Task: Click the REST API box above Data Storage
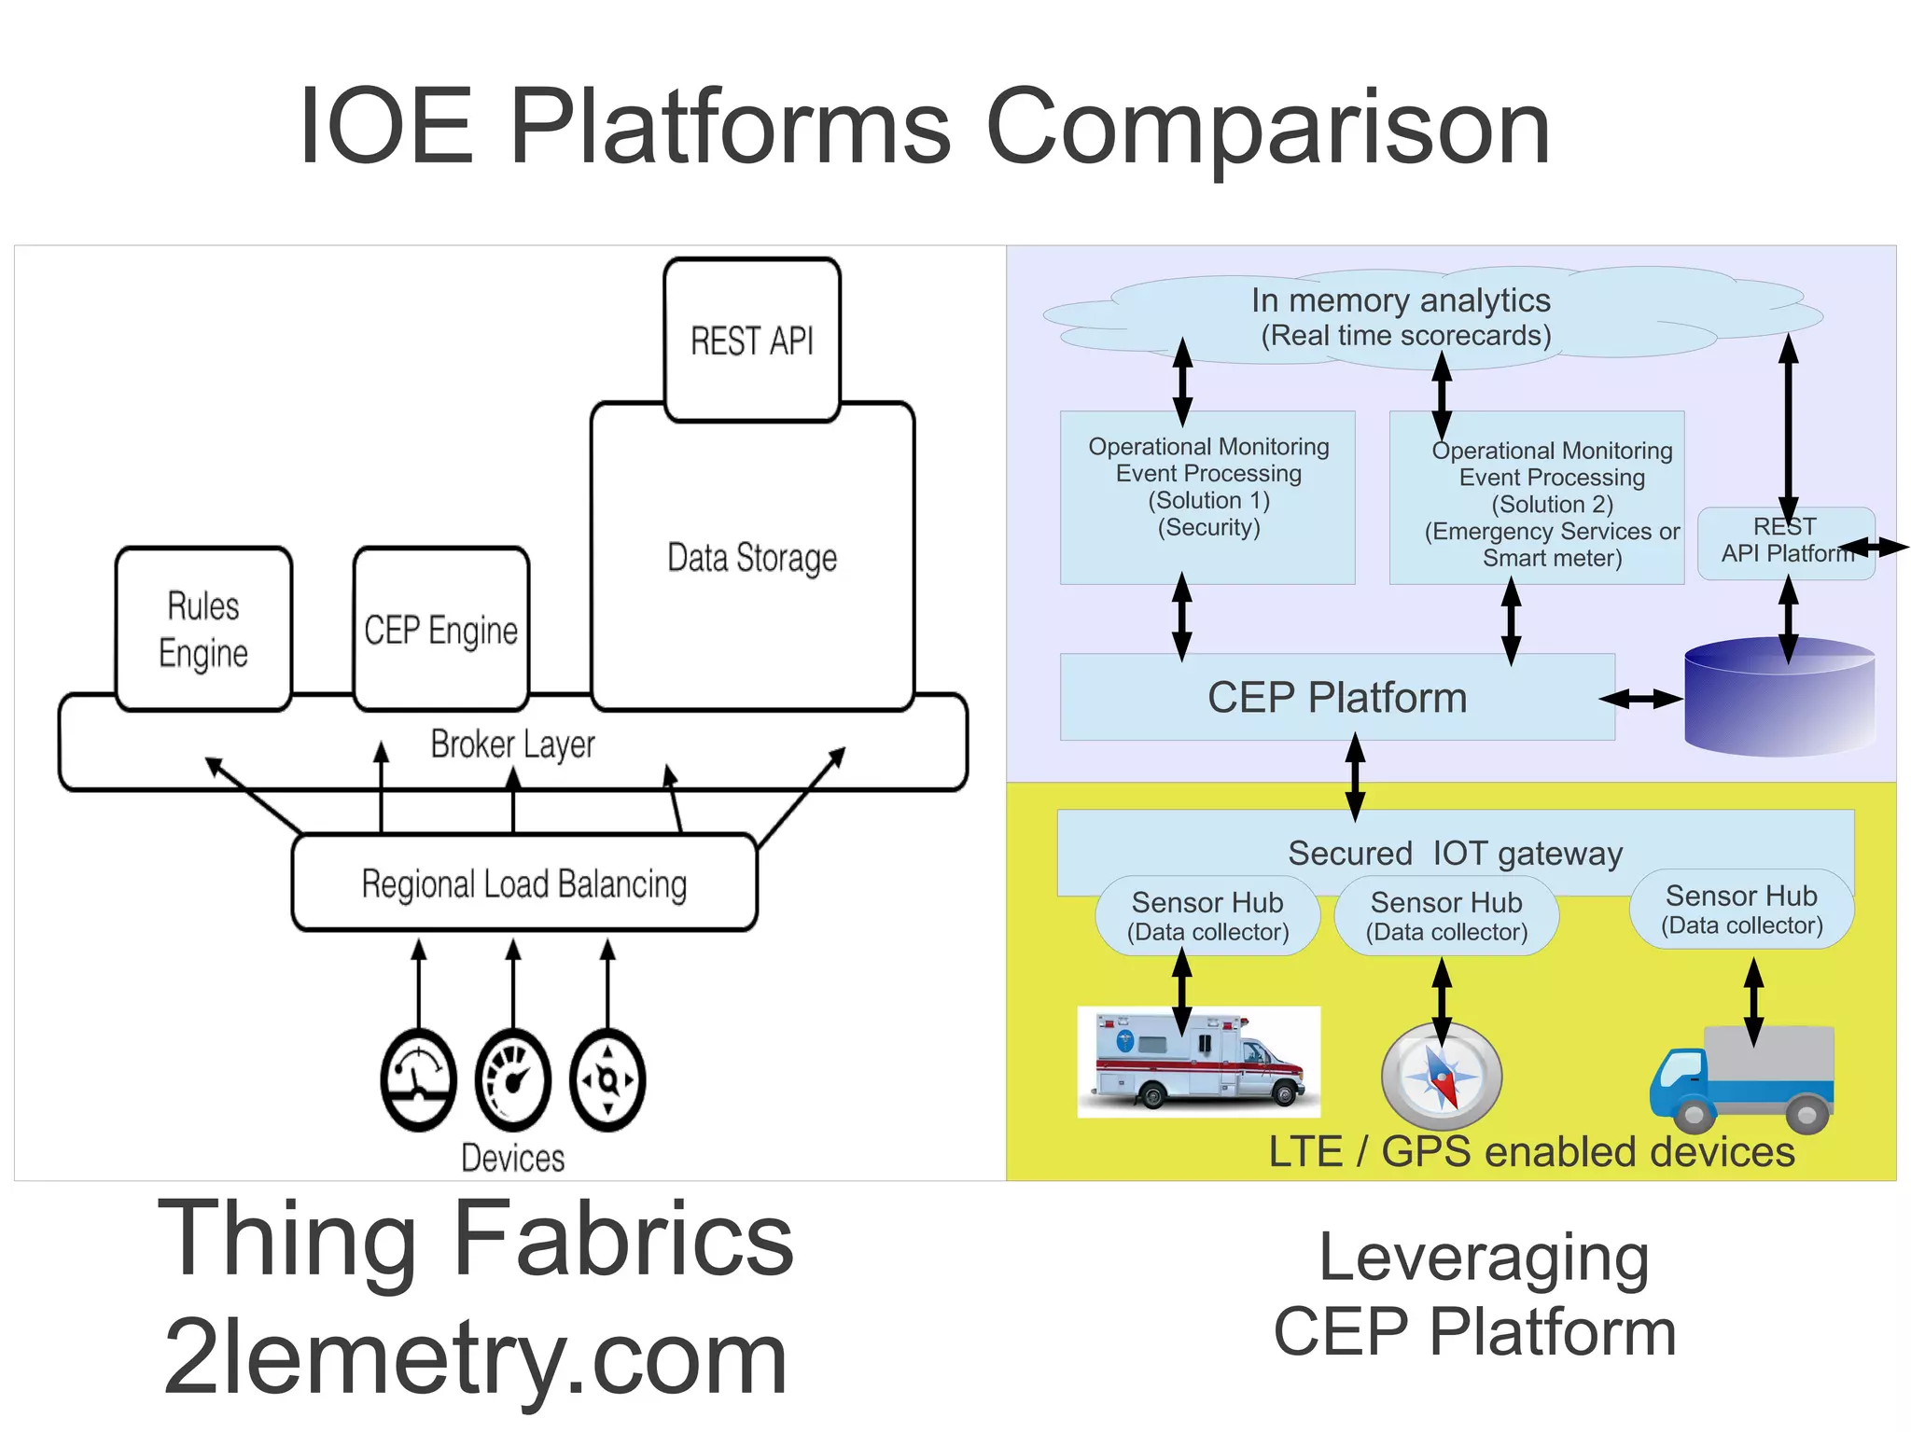(x=752, y=340)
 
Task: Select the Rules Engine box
(x=203, y=629)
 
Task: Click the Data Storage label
(x=752, y=558)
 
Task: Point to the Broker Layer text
(x=512, y=744)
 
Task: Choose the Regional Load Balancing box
(x=523, y=883)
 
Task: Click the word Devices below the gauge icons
(x=512, y=1158)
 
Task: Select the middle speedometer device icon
(x=512, y=1080)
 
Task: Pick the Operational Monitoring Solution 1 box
(x=1207, y=497)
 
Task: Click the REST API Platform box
(x=1785, y=543)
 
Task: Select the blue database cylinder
(x=1778, y=698)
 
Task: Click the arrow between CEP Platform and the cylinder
(x=1641, y=699)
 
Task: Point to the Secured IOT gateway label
(x=1455, y=853)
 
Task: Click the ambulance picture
(x=1198, y=1062)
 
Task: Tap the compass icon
(x=1442, y=1077)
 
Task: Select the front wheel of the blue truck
(x=1694, y=1115)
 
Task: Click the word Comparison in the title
(x=1267, y=127)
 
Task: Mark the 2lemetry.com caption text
(x=476, y=1357)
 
